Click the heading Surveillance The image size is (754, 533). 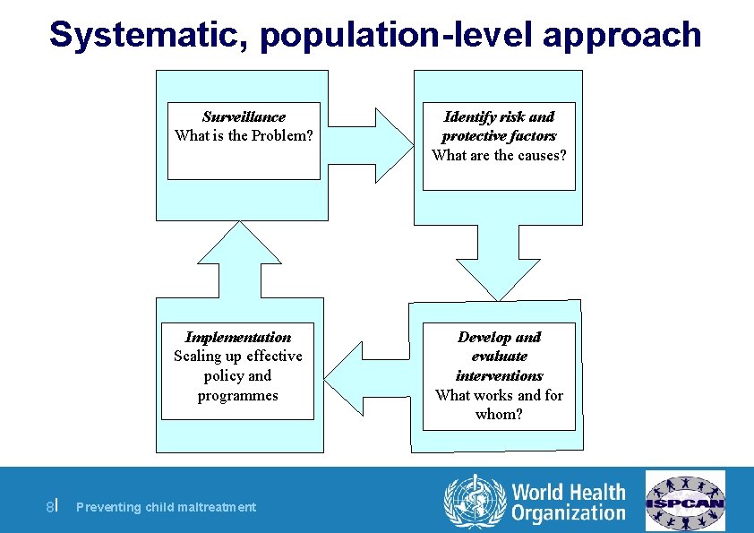pos(244,116)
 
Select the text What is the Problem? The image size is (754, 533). pos(244,135)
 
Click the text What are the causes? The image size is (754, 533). pos(499,155)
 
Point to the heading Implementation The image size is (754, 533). pos(237,337)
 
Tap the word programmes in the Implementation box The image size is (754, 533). pos(237,395)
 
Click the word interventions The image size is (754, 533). pos(499,375)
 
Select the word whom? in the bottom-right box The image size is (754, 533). pos(499,414)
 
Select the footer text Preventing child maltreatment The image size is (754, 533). pos(166,507)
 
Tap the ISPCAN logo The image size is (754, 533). pos(686,501)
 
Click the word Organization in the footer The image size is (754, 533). pos(568,513)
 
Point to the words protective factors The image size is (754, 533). pos(499,135)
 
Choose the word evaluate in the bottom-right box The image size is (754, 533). pos(499,357)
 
